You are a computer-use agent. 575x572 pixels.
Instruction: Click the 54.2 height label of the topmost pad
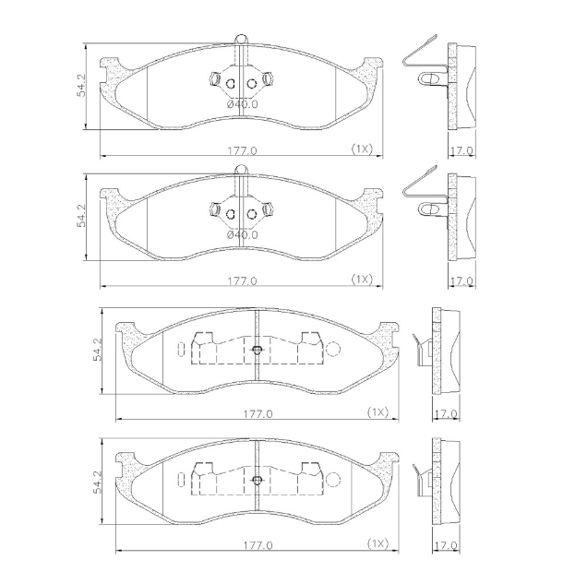coord(81,86)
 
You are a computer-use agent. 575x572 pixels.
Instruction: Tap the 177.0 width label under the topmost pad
coord(242,150)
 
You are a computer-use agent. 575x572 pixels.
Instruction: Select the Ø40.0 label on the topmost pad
coord(242,104)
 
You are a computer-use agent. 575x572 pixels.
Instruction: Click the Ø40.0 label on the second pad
coord(242,234)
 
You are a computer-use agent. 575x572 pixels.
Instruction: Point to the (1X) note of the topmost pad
coord(362,149)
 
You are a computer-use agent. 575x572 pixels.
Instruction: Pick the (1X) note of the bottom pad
coord(377,543)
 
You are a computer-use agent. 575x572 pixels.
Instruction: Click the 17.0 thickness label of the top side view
coord(461,150)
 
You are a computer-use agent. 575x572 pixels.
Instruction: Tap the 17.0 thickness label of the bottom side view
coord(446,545)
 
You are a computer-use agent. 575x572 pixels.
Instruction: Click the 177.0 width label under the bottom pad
coord(258,545)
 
